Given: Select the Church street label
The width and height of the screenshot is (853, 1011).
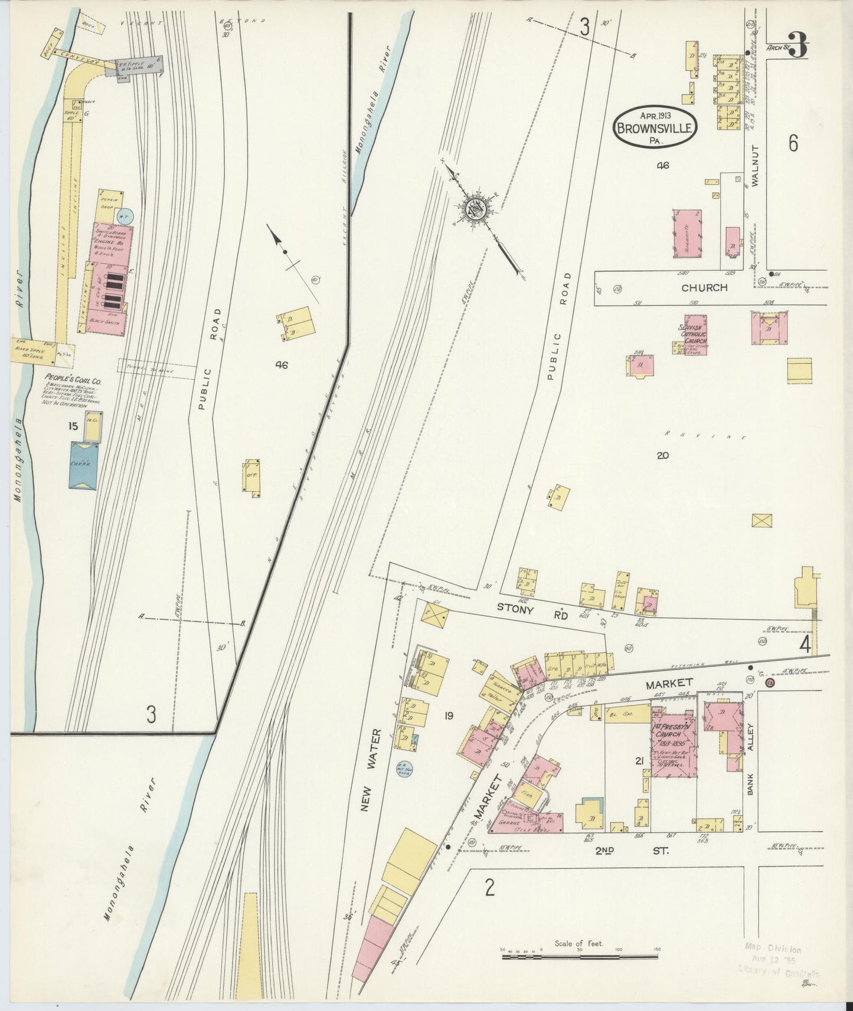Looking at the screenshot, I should click(704, 288).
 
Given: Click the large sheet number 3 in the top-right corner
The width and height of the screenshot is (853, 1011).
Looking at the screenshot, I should click(797, 45).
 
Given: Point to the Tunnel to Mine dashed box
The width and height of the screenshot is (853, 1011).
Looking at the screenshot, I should click(156, 369).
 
